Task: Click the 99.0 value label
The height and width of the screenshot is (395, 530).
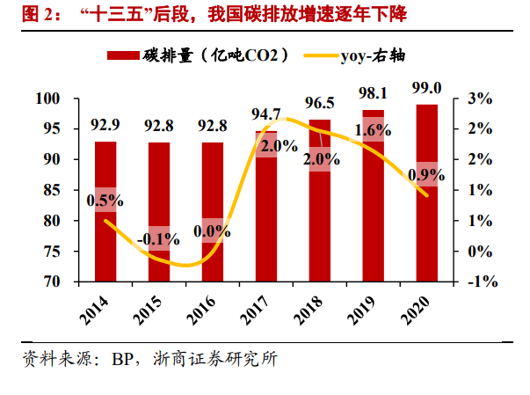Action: [x=426, y=86]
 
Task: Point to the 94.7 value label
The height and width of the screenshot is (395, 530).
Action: [x=265, y=114]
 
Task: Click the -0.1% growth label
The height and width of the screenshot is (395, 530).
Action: [x=159, y=238]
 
